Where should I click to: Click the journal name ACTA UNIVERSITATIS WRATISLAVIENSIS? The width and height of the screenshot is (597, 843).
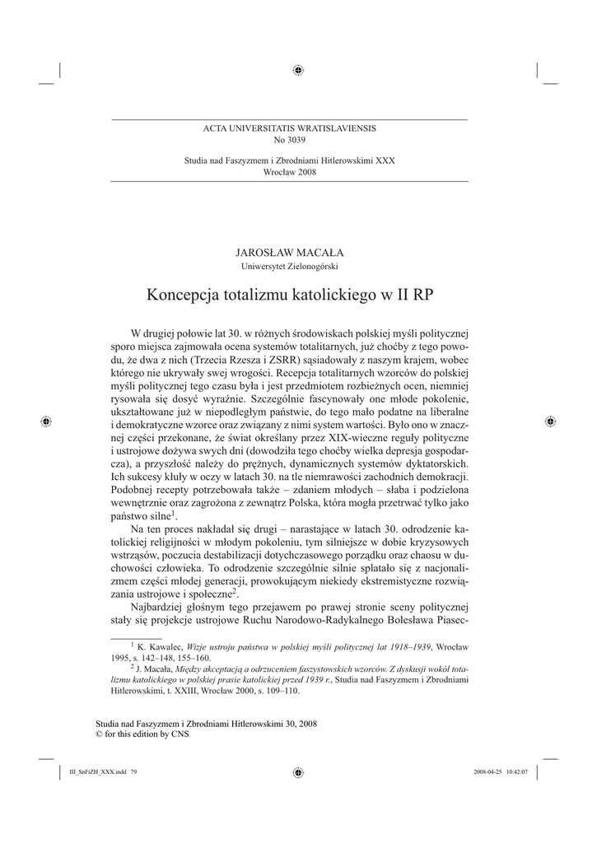coord(289,129)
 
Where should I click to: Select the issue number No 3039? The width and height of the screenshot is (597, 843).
coord(289,140)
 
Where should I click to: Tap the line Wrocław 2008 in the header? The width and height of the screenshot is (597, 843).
coord(289,171)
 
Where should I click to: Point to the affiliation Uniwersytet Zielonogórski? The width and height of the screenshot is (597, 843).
coord(289,266)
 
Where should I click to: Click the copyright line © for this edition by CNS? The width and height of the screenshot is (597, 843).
coord(142,734)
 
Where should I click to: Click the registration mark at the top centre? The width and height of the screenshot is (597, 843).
coord(298,70)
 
